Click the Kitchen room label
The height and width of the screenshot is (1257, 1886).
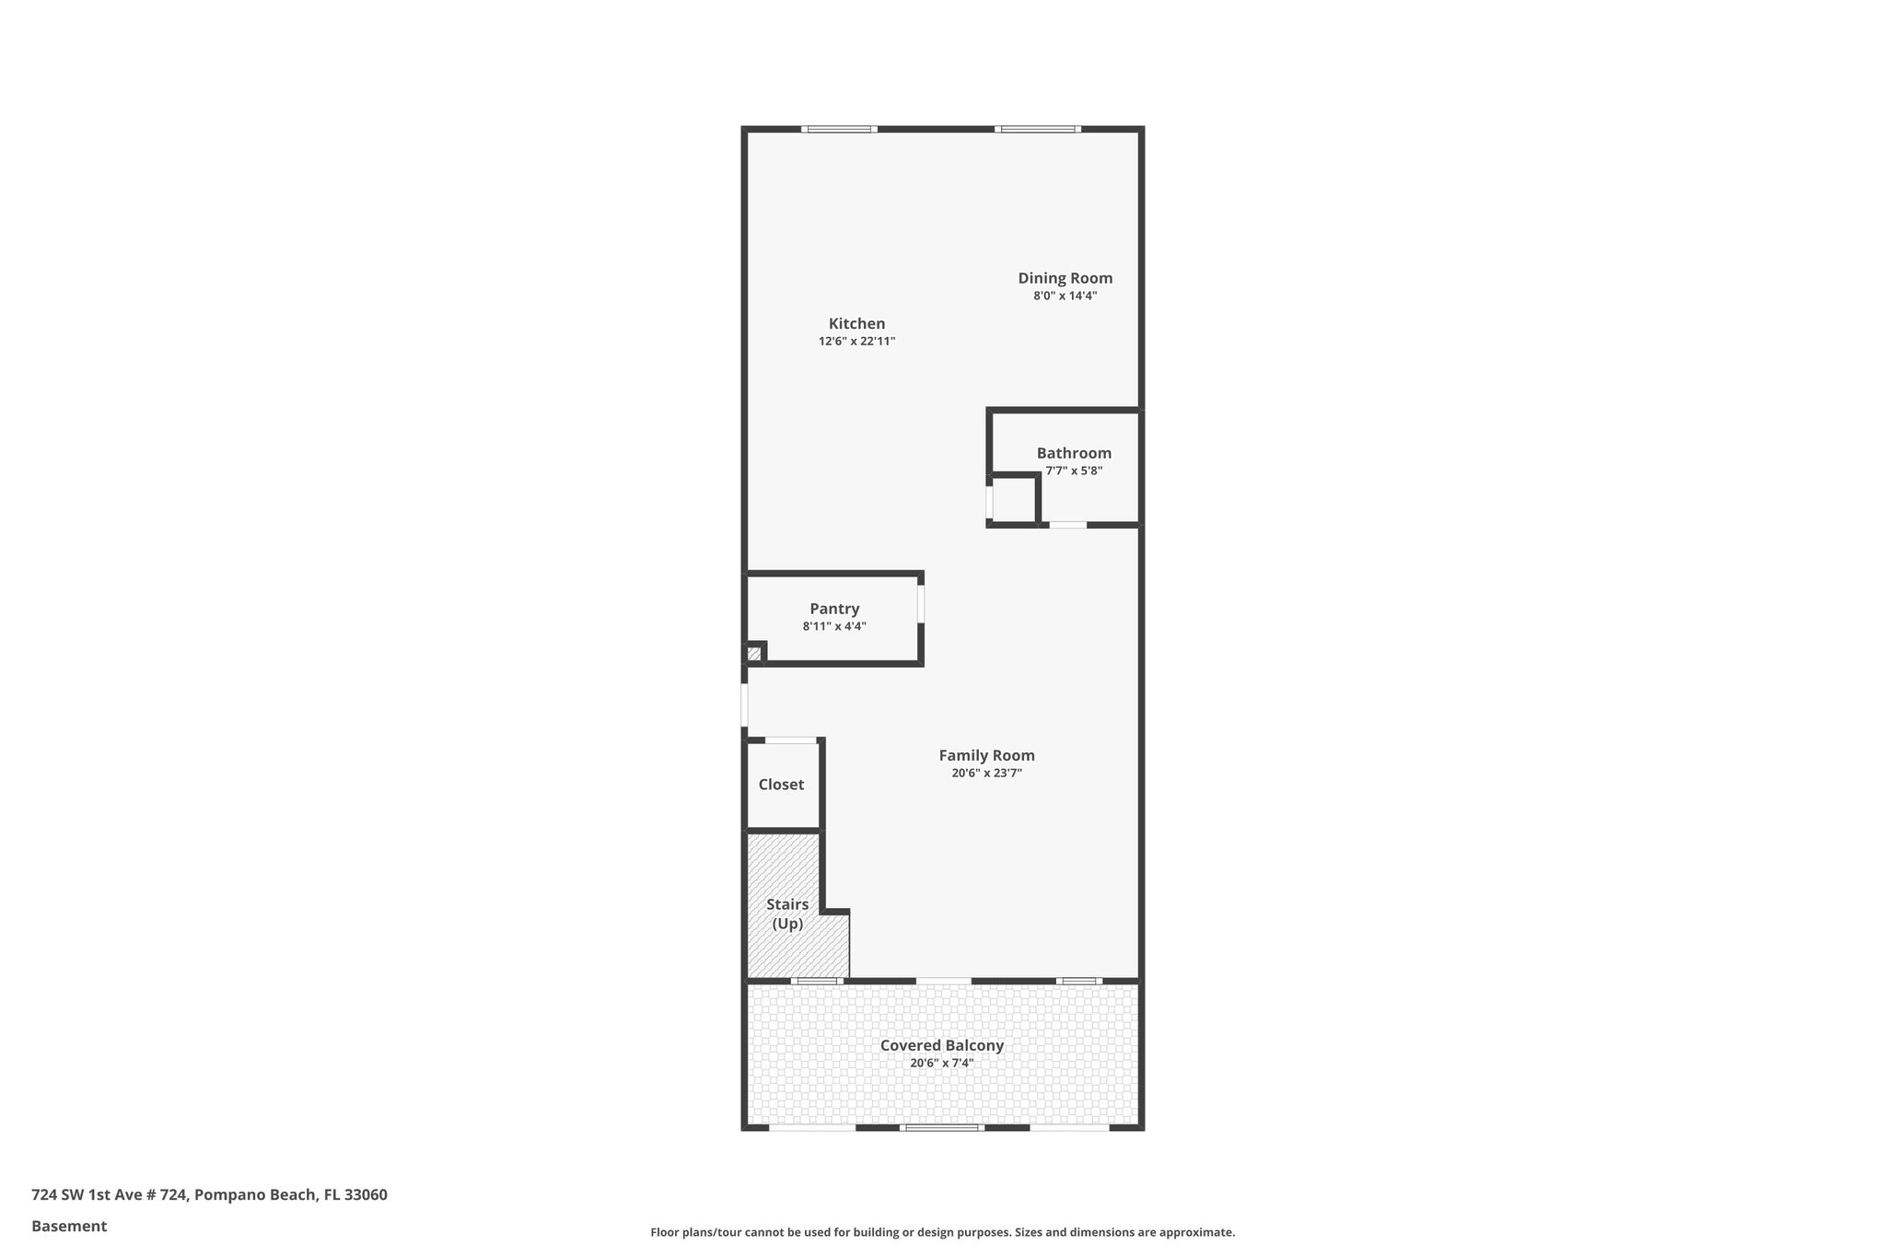pyautogui.click(x=856, y=323)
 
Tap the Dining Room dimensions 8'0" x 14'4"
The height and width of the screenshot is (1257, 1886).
pyautogui.click(x=1065, y=297)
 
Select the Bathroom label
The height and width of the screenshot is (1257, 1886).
pyautogui.click(x=1074, y=453)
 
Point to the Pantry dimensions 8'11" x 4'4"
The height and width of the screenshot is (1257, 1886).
pyautogui.click(x=834, y=626)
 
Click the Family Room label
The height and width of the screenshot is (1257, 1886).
pyautogui.click(x=986, y=755)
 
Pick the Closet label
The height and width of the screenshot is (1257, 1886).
pyautogui.click(x=781, y=785)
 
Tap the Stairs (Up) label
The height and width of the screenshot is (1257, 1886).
pyautogui.click(x=787, y=914)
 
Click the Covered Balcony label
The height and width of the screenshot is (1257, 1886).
pyautogui.click(x=941, y=1045)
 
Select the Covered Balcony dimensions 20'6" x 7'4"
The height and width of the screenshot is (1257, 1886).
pyautogui.click(x=941, y=1064)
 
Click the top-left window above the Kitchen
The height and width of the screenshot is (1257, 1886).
pyautogui.click(x=838, y=130)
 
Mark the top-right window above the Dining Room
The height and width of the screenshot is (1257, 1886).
pyautogui.click(x=1038, y=130)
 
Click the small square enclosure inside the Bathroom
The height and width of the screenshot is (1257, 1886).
pyautogui.click(x=1013, y=500)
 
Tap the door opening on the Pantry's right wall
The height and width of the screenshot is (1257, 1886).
pyautogui.click(x=921, y=604)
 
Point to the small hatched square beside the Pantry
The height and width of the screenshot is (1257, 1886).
pyautogui.click(x=753, y=654)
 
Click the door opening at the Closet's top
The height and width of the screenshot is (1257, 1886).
pyautogui.click(x=791, y=740)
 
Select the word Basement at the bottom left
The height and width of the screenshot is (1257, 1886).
pyautogui.click(x=69, y=1226)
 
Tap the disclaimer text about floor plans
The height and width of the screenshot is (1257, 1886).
pyautogui.click(x=942, y=1232)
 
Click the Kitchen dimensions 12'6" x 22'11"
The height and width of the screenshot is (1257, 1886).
pyautogui.click(x=856, y=342)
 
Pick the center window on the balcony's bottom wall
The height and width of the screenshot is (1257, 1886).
pyautogui.click(x=941, y=1127)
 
